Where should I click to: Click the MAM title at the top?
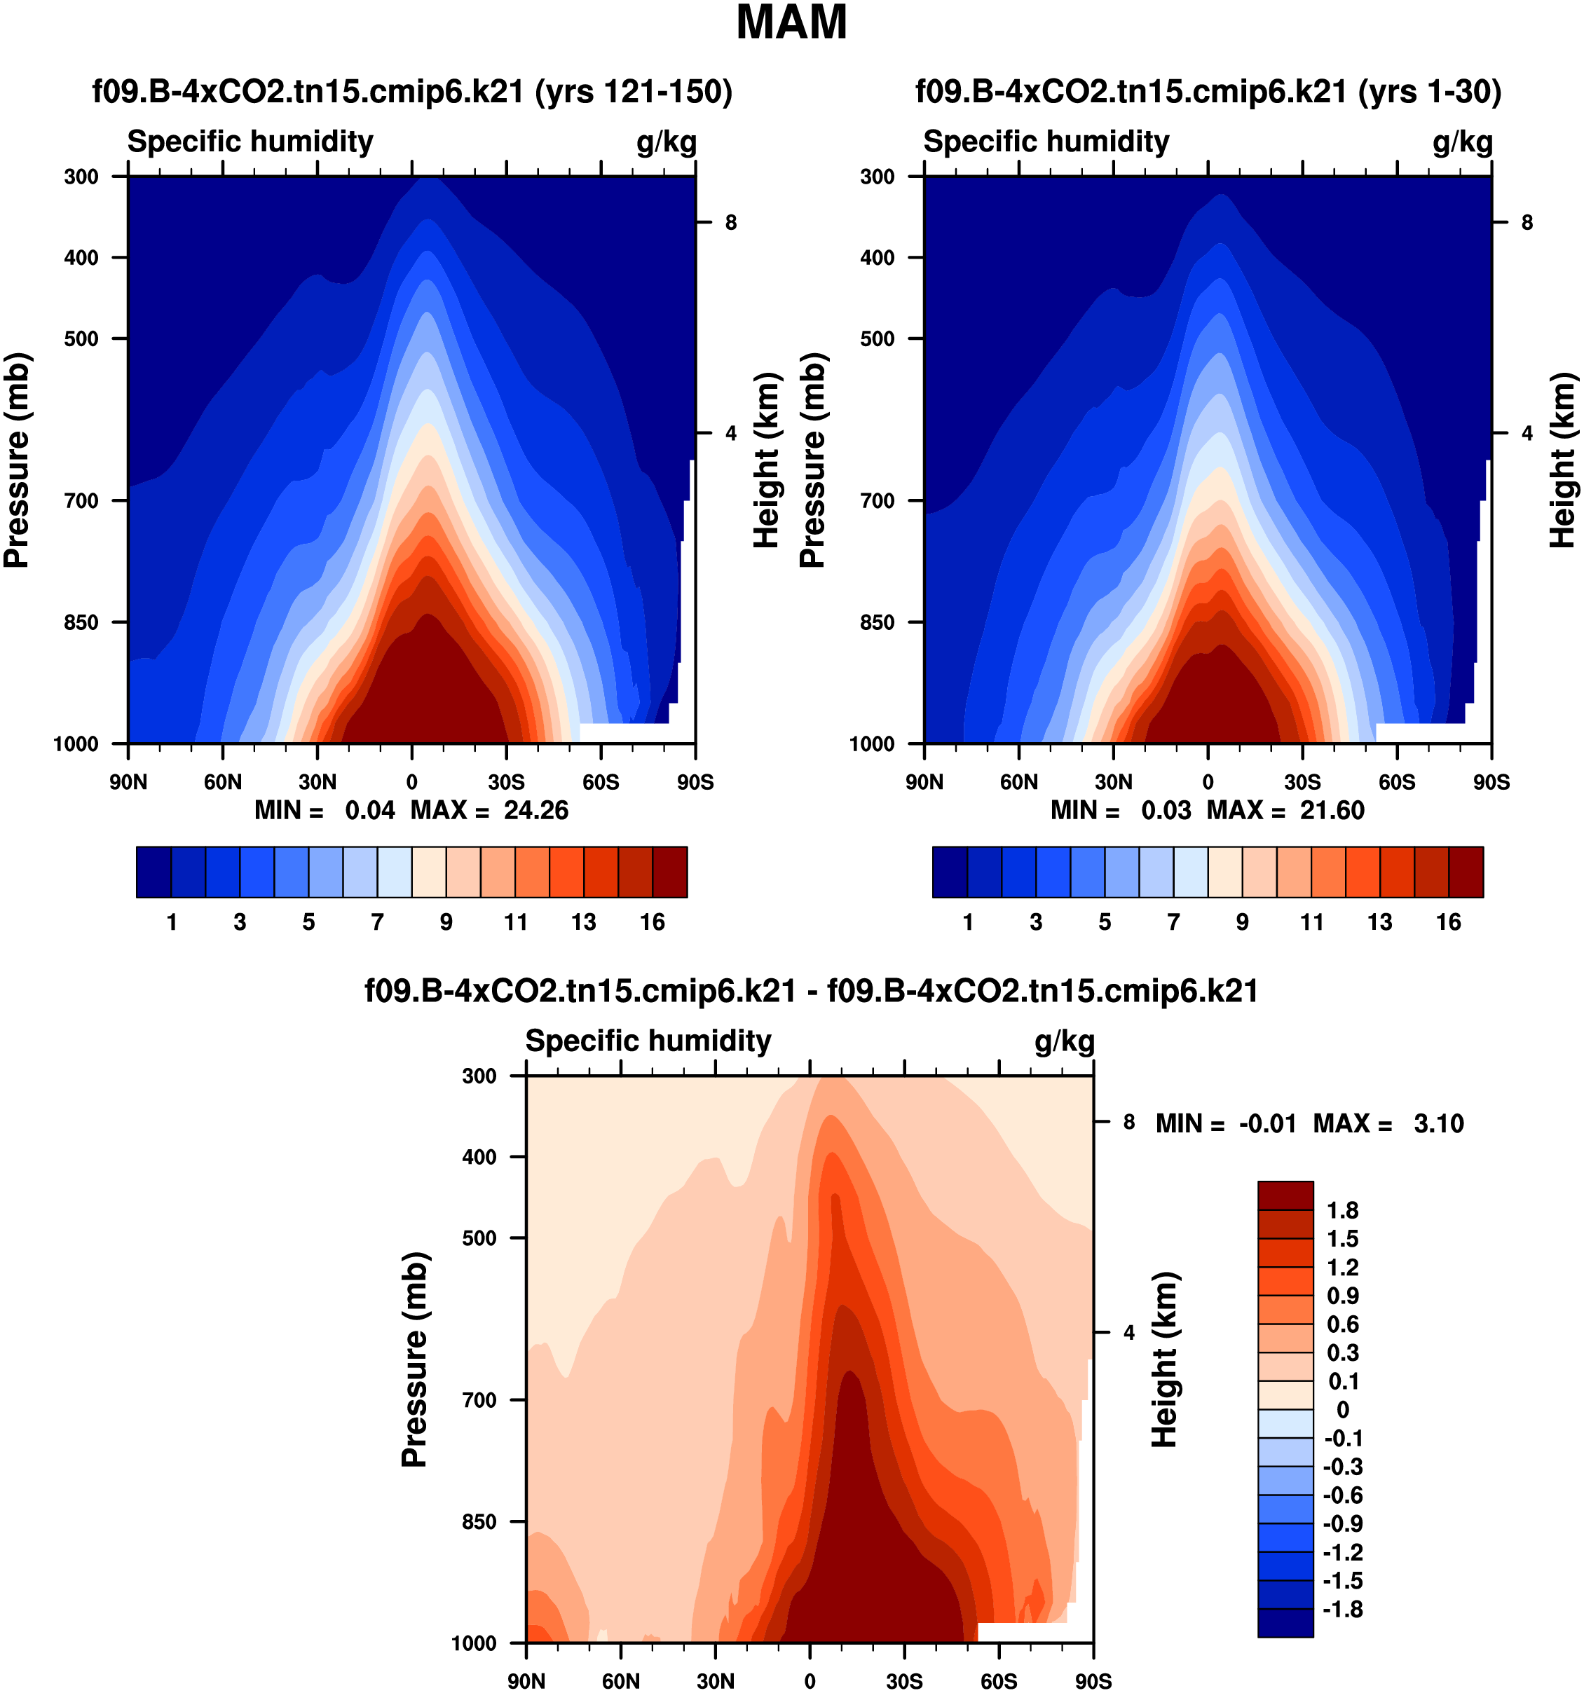point(791,23)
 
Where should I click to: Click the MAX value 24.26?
point(535,810)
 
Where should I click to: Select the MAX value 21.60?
point(1332,810)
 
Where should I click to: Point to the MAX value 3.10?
point(1438,1123)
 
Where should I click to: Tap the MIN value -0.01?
point(1267,1123)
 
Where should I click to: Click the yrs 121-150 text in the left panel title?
point(634,91)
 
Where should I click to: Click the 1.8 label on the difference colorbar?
point(1343,1210)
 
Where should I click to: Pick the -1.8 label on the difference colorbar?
point(1343,1610)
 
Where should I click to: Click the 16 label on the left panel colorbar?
point(653,922)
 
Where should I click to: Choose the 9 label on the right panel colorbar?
point(1243,922)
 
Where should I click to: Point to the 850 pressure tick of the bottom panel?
point(479,1521)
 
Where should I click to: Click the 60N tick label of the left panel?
point(222,782)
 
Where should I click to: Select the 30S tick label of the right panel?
point(1302,782)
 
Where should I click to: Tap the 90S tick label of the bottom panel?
point(1093,1681)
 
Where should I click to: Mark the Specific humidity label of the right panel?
point(1046,142)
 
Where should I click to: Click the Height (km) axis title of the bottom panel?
point(1165,1360)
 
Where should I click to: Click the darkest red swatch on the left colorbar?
point(669,872)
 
